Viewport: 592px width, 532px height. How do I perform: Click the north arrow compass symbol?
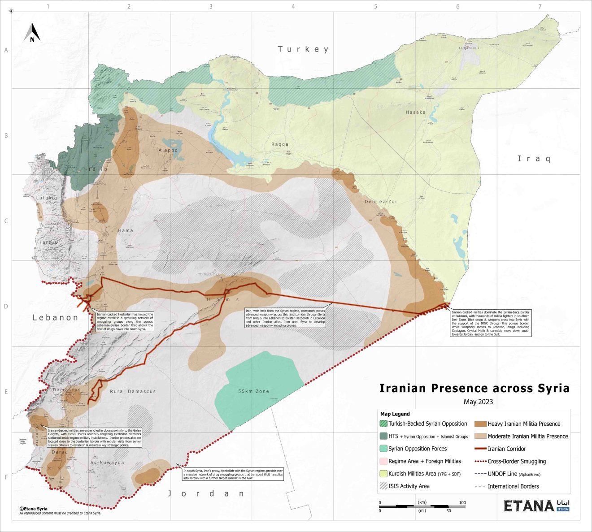click(32, 33)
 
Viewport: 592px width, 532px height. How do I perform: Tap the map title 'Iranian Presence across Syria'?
click(474, 388)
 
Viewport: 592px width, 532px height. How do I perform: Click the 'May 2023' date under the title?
click(478, 402)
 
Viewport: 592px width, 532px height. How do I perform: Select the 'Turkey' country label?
click(303, 49)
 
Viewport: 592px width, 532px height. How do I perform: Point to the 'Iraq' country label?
click(534, 159)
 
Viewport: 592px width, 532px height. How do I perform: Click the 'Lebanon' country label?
click(55, 317)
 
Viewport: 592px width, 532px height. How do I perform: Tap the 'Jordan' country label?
click(206, 493)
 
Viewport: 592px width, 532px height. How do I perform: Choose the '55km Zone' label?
click(253, 391)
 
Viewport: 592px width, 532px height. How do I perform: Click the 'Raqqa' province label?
click(280, 144)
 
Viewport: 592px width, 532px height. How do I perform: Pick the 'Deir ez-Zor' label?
click(381, 202)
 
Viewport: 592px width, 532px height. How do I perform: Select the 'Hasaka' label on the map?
click(415, 112)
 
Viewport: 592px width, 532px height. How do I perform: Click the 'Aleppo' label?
click(168, 151)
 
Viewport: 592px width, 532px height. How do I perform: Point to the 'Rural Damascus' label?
click(133, 391)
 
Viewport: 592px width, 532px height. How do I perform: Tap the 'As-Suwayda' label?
click(107, 463)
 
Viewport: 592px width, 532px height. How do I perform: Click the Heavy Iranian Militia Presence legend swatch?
click(480, 424)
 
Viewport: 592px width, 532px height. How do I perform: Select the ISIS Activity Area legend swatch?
click(383, 486)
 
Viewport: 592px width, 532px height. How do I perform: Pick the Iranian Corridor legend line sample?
click(480, 449)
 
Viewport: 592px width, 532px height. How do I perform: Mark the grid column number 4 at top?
click(293, 6)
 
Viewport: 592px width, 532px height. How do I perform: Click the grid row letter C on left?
click(6, 221)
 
